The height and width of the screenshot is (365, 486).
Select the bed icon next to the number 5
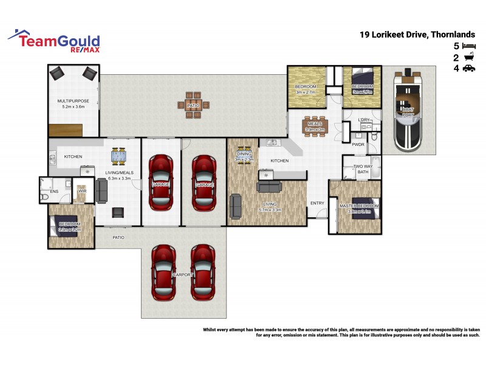tap(468, 46)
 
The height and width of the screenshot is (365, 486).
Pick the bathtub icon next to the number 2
tap(468, 58)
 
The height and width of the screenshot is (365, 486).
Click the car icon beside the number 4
tap(468, 69)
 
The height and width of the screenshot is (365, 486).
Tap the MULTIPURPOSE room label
tap(73, 101)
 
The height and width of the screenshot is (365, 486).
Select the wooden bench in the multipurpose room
tap(66, 130)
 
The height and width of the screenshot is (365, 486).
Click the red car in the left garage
tap(161, 182)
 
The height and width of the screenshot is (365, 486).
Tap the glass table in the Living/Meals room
tap(119, 156)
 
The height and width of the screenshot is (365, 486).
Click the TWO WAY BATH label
tap(363, 169)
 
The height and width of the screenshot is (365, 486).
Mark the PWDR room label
tap(358, 145)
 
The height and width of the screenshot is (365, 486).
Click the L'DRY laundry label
tap(364, 120)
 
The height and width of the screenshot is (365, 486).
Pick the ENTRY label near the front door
tap(317, 203)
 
